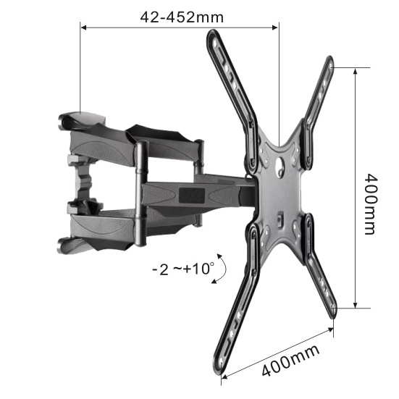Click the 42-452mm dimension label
pos(182,17)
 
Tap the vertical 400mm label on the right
pos(369,204)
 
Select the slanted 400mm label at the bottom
pos(290,361)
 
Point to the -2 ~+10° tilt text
pos(183,269)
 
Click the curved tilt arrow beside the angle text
pos(224,267)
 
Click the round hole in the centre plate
pos(280,162)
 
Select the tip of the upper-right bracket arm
pos(330,60)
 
